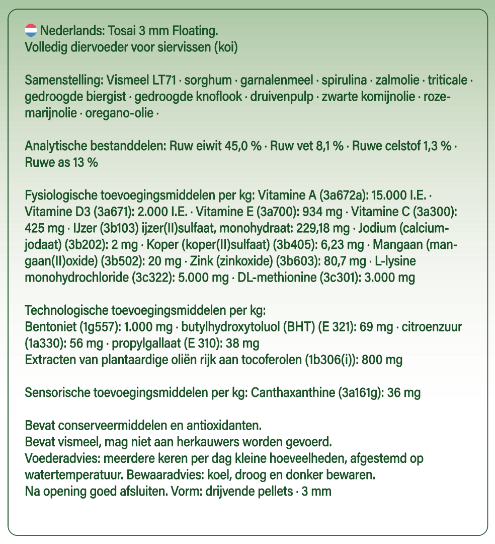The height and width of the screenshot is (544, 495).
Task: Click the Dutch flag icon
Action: [31, 31]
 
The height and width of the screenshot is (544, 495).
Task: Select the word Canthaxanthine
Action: [291, 393]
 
